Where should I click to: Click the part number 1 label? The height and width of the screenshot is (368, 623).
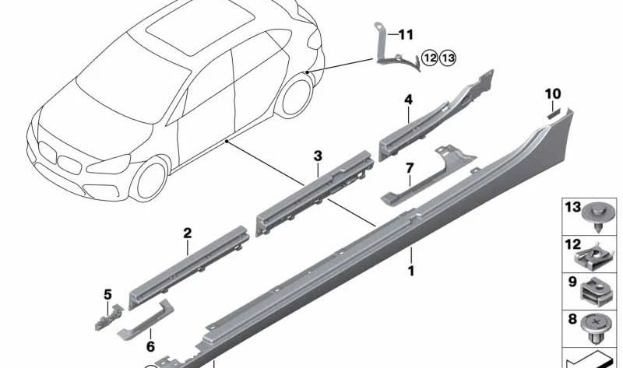(410, 271)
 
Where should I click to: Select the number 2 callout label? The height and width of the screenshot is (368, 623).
(187, 232)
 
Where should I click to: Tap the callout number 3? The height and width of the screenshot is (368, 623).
(318, 156)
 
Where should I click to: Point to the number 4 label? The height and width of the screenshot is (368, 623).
(407, 99)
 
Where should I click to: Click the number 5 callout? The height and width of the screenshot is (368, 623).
(107, 293)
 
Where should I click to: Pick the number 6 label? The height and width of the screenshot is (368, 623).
(150, 347)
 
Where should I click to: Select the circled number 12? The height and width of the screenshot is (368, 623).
(431, 57)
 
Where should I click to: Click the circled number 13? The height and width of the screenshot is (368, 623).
(448, 57)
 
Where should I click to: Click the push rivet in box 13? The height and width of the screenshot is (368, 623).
(596, 217)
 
